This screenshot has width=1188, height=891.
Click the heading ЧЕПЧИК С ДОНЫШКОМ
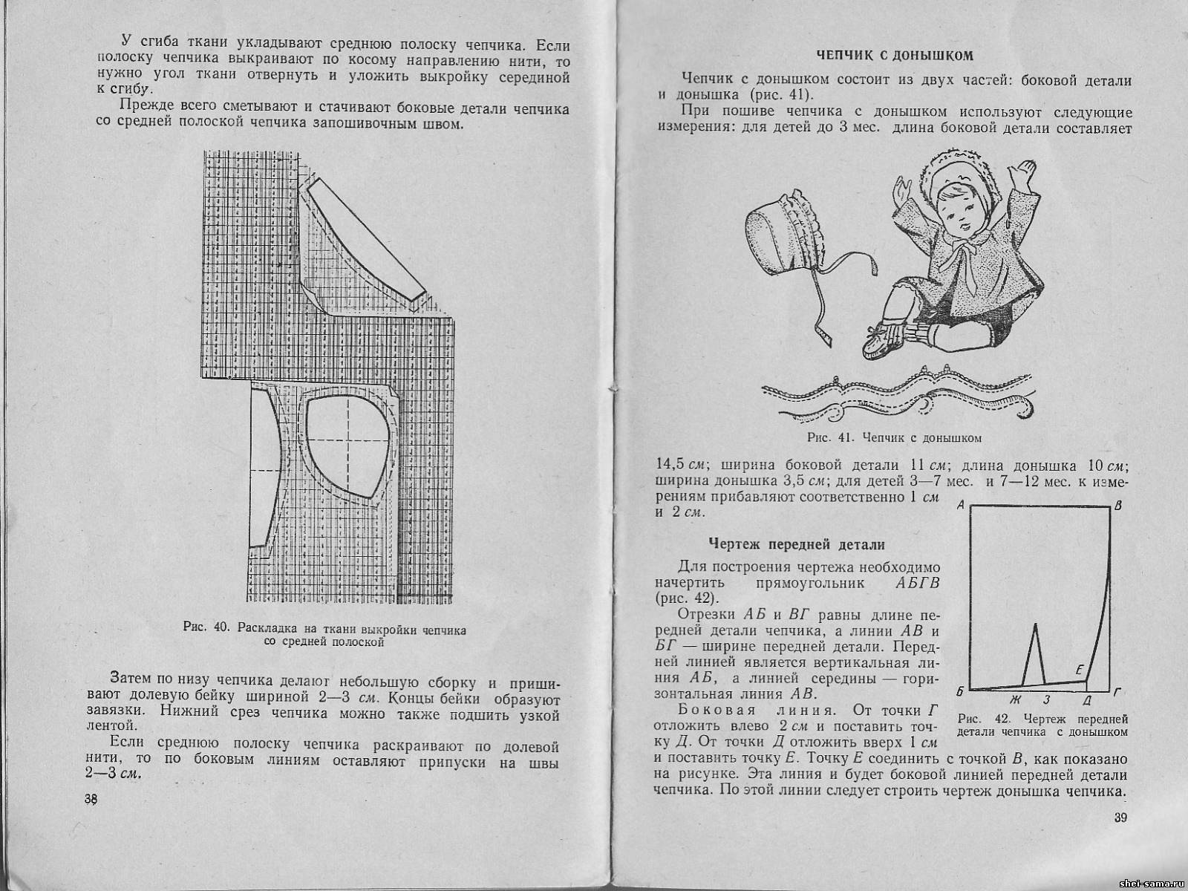pyautogui.click(x=894, y=55)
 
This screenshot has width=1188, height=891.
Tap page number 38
pyautogui.click(x=91, y=799)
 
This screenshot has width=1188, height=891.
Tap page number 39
pyautogui.click(x=1120, y=818)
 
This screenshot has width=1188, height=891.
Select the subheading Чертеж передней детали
pyautogui.click(x=797, y=545)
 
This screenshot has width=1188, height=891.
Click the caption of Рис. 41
pyautogui.click(x=894, y=438)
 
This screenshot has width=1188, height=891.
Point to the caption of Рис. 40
pyautogui.click(x=324, y=636)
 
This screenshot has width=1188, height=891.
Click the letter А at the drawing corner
pyautogui.click(x=961, y=505)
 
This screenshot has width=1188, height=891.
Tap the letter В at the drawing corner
pyautogui.click(x=1118, y=506)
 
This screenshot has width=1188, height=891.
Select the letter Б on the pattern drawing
pyautogui.click(x=960, y=691)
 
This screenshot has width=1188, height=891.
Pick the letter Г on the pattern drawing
pyautogui.click(x=1118, y=691)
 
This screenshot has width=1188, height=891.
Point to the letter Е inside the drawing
pyautogui.click(x=1080, y=668)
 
